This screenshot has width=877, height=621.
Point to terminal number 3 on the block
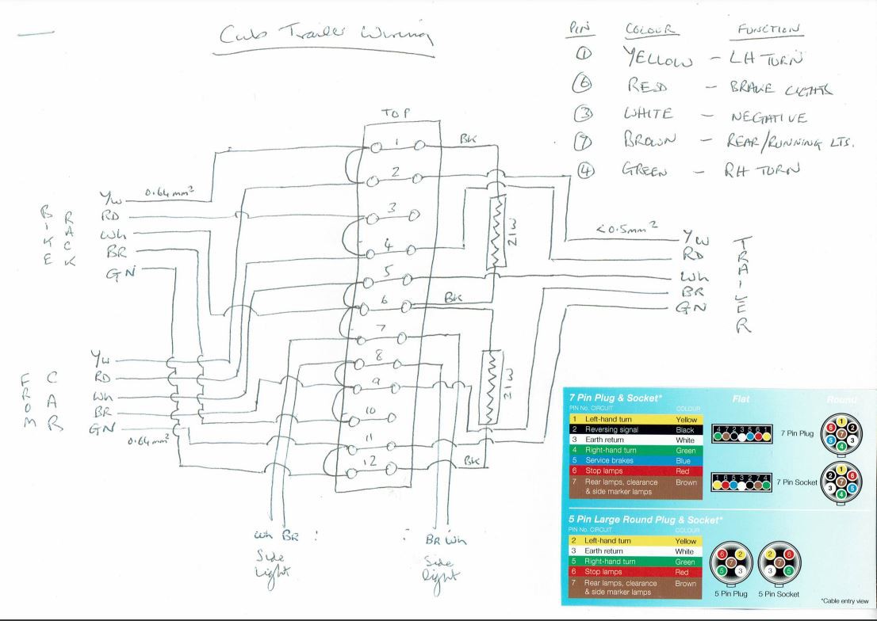tap(391, 209)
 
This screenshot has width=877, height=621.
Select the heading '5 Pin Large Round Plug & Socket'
tap(645, 519)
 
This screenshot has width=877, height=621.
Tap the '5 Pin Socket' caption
tap(778, 593)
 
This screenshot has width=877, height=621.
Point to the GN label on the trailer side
tap(687, 310)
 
